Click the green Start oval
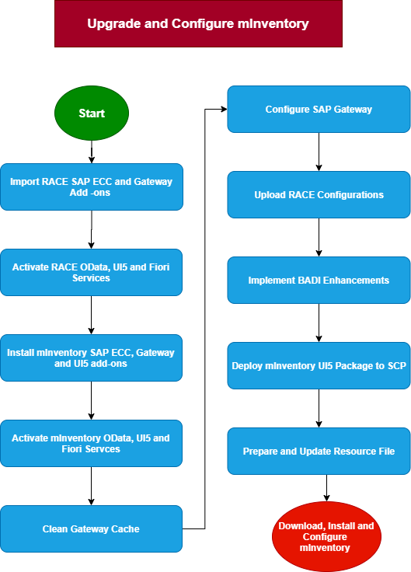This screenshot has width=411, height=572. (x=92, y=113)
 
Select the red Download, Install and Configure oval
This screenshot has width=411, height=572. (x=326, y=536)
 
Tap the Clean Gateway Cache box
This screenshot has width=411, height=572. (x=91, y=528)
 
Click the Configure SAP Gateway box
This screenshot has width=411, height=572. (x=319, y=109)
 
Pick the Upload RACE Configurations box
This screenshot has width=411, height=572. (x=319, y=194)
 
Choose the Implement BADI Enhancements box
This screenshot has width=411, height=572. (x=319, y=280)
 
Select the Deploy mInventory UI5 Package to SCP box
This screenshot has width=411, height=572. (x=319, y=365)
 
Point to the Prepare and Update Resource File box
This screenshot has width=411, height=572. (x=319, y=451)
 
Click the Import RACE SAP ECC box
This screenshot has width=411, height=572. (x=92, y=187)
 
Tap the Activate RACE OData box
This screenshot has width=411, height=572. (x=91, y=272)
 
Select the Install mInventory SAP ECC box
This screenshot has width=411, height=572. (x=91, y=357)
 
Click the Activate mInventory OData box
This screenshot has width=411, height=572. (x=91, y=443)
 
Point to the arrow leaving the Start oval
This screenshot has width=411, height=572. (x=92, y=152)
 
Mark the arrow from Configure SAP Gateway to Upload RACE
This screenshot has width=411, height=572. (x=319, y=152)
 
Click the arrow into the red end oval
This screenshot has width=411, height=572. (x=326, y=488)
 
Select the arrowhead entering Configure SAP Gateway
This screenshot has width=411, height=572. (x=224, y=109)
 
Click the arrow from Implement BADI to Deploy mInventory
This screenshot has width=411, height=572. (x=319, y=323)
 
